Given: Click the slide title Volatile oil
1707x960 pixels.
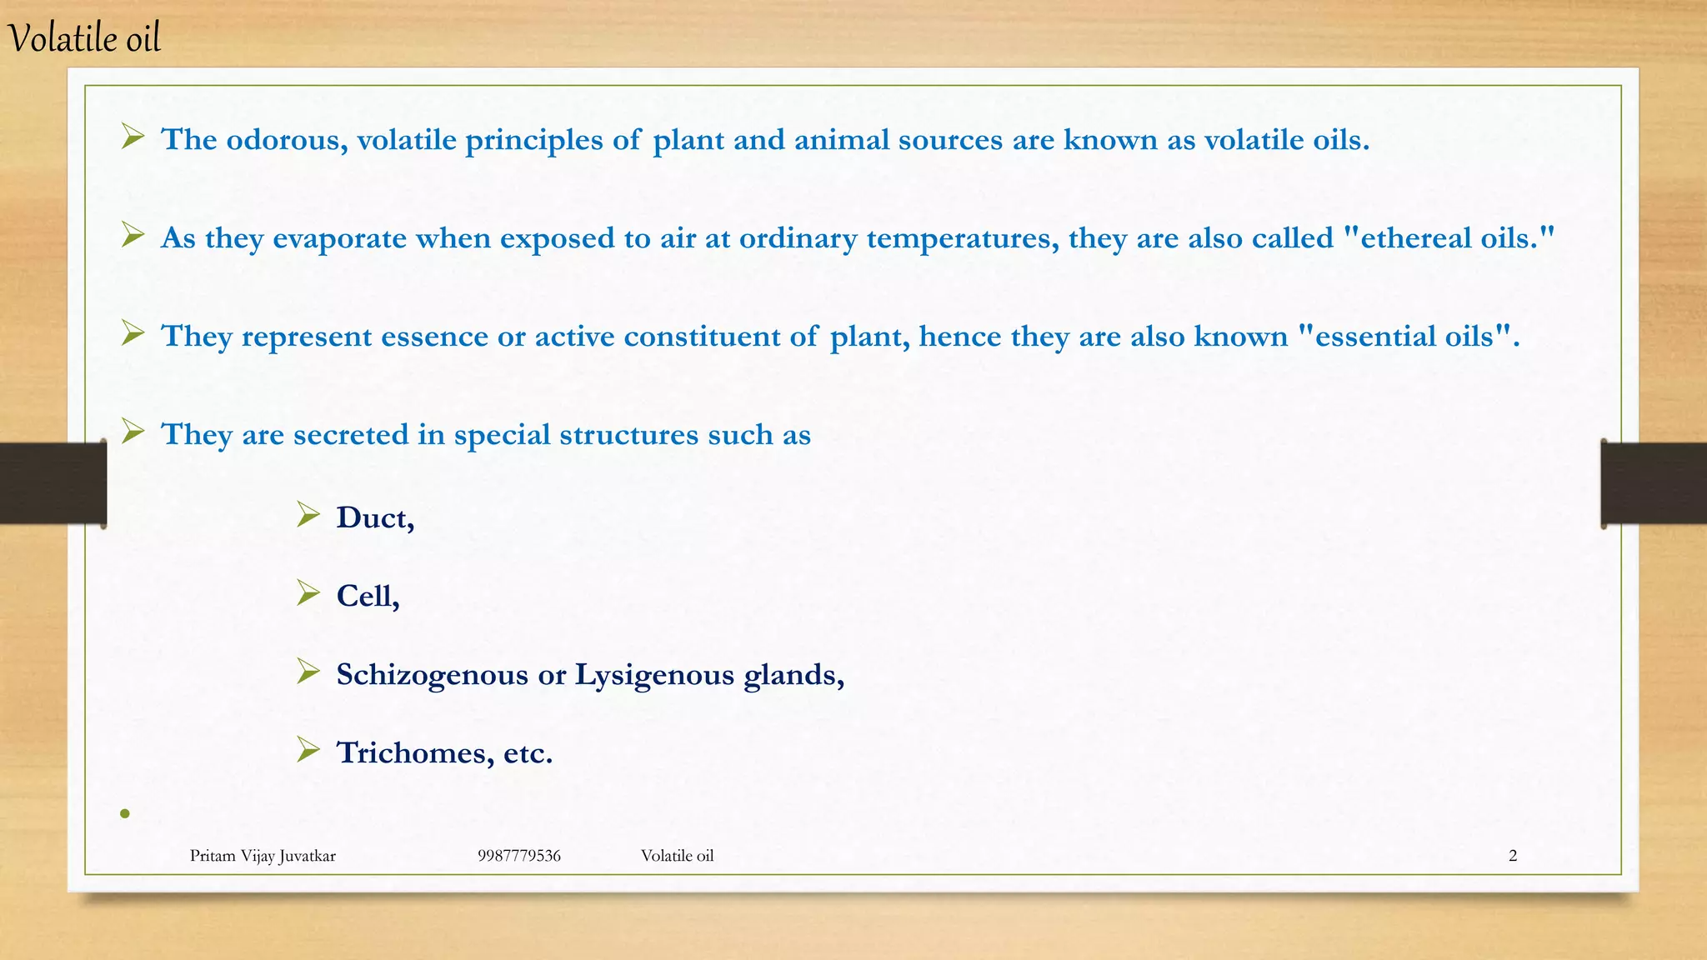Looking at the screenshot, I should point(83,38).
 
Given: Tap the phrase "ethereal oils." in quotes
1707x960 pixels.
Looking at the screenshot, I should point(1450,238).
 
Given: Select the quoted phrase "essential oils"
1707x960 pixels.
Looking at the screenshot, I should point(1409,337).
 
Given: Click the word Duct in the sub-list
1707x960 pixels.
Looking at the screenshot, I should point(373,517).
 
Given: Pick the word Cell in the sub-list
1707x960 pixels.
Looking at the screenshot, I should point(366,596).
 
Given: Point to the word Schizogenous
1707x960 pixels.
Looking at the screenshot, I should point(432,674).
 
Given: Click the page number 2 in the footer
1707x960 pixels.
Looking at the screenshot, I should point(1513,856).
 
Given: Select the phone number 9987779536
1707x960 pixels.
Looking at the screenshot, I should point(518,856).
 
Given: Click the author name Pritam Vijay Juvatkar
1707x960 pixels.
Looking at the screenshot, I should point(263,856).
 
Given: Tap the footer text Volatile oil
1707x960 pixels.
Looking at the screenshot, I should point(677,856).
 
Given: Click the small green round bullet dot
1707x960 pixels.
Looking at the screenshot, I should point(125,813).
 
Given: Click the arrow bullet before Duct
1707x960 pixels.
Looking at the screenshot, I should point(308,515).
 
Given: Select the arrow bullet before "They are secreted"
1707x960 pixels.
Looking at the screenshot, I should point(133,431).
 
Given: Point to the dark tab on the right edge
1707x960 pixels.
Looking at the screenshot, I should point(1654,483).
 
